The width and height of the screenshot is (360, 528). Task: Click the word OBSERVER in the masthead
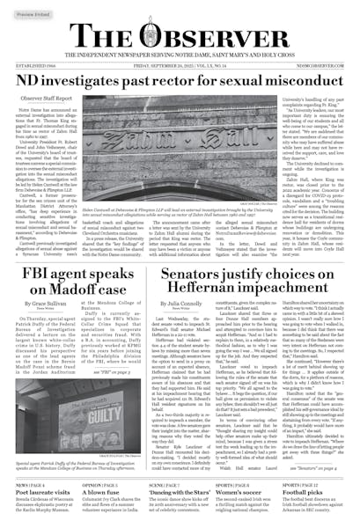click(x=224, y=36)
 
